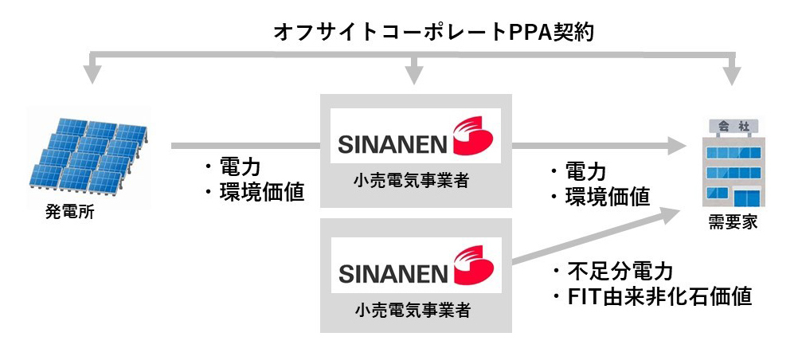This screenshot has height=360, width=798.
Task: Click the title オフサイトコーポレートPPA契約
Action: [434, 32]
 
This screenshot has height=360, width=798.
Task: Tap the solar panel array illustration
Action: [88, 155]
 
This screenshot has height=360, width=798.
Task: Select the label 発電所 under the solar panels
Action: [70, 212]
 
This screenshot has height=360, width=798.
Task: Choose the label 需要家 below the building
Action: [733, 222]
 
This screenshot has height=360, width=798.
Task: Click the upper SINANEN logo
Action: [415, 136]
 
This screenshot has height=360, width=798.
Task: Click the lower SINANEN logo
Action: [415, 265]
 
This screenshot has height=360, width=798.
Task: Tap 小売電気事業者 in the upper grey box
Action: [411, 180]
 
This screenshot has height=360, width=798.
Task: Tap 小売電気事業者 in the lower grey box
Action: [411, 310]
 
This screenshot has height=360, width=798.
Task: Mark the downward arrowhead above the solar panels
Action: [92, 75]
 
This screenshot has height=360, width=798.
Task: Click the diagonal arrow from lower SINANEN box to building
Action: [597, 237]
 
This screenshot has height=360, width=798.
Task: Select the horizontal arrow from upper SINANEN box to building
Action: [599, 146]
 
